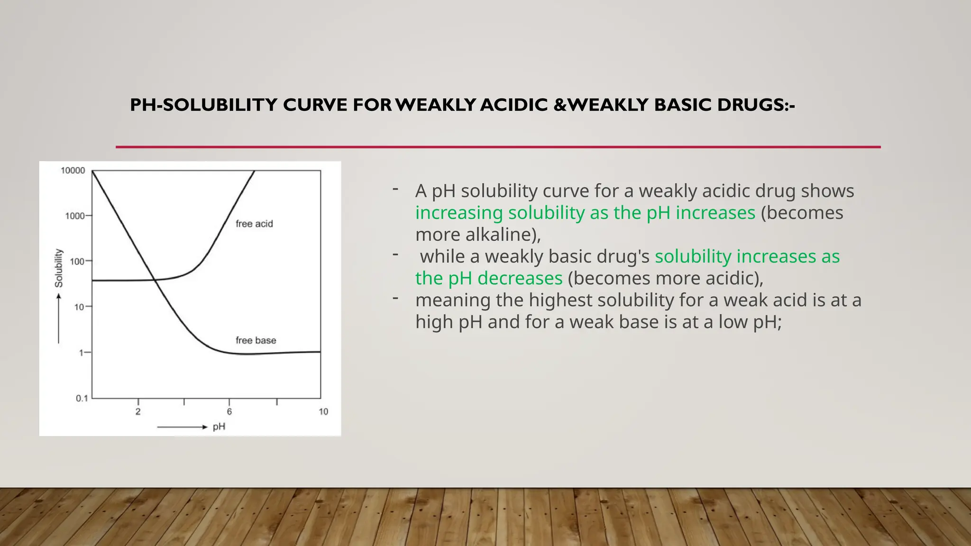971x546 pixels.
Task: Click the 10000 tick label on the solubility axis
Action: [x=73, y=171]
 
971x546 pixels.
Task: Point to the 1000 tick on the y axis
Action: [x=75, y=216]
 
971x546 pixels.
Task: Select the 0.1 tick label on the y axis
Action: [x=82, y=398]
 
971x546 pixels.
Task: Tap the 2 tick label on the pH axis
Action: [x=138, y=411]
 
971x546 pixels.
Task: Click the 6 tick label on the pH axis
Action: [x=229, y=411]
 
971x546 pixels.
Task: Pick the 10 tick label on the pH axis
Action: [x=323, y=411]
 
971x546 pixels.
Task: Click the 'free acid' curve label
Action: [x=254, y=224]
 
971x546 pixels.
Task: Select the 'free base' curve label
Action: [x=256, y=340]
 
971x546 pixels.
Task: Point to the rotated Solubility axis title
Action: [x=58, y=268]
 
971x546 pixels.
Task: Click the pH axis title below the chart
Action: [x=219, y=427]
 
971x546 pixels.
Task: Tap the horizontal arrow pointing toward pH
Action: [x=182, y=427]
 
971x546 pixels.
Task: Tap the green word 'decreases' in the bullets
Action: [x=520, y=278]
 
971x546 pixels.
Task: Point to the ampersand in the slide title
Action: [x=559, y=105]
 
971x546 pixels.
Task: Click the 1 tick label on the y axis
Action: [x=82, y=353]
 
